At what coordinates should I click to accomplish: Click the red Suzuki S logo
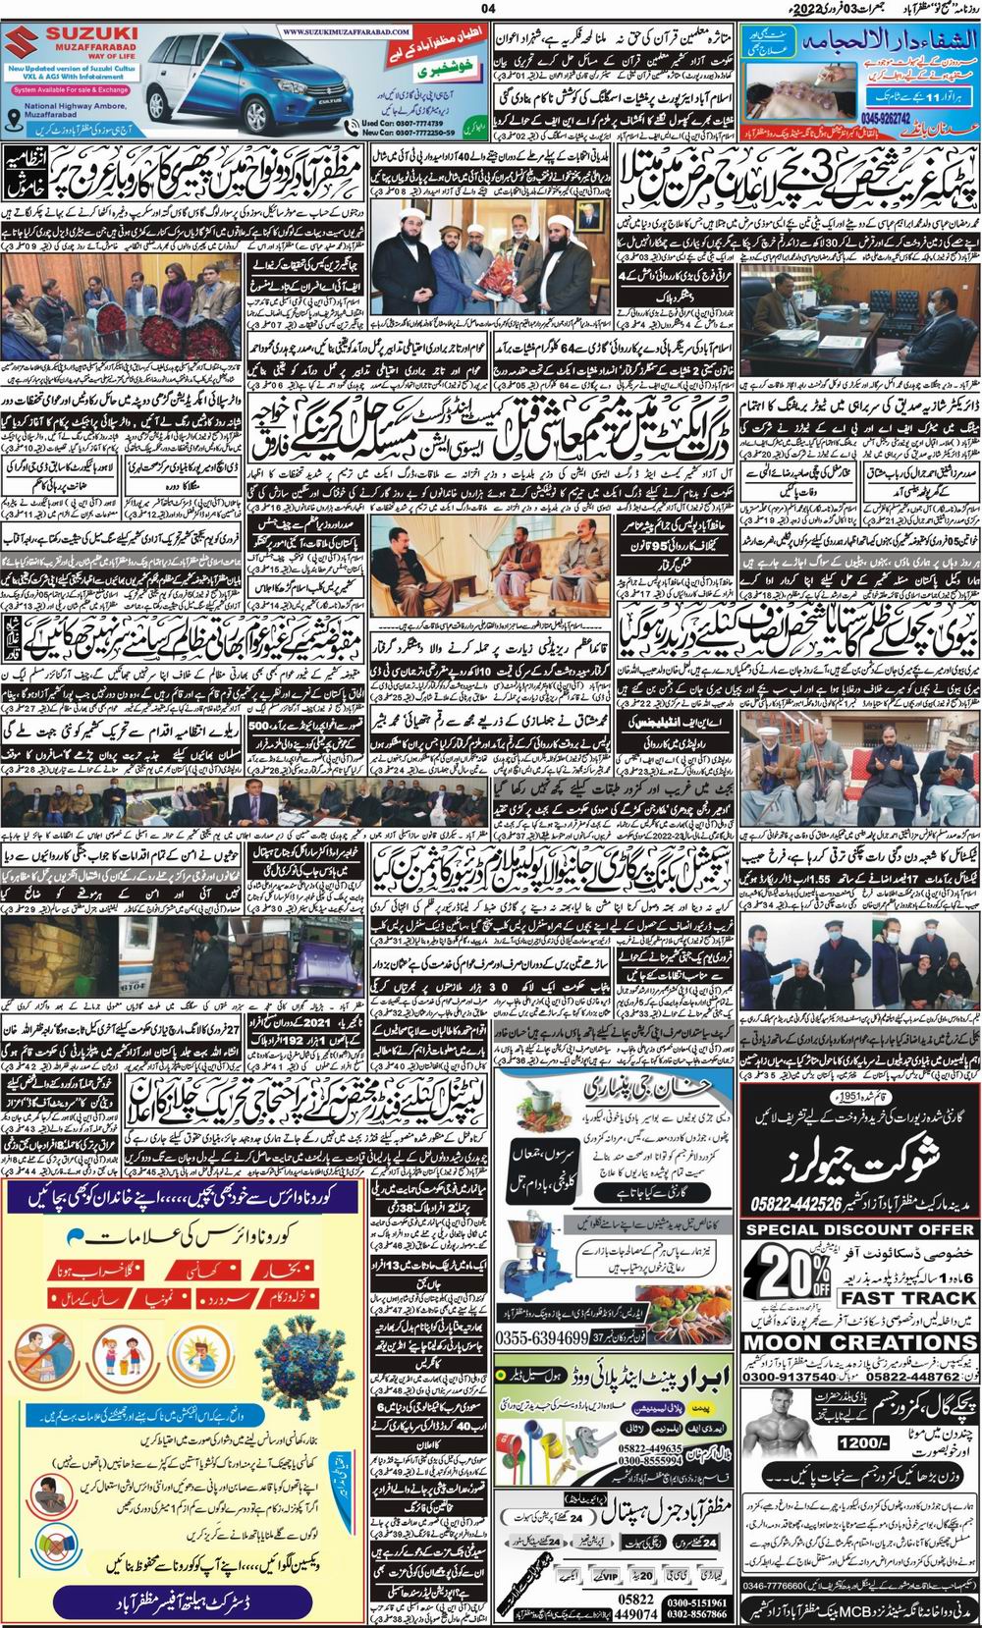pos(26,46)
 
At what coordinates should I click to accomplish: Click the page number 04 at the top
pos(489,10)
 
